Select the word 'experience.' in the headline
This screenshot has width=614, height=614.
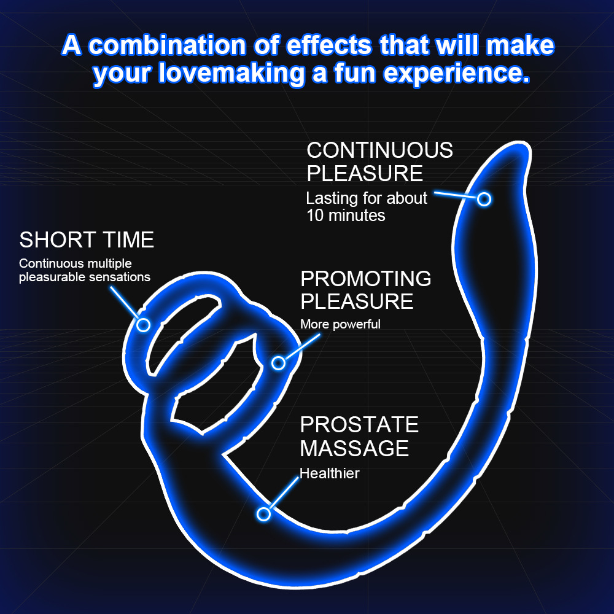pos(457,74)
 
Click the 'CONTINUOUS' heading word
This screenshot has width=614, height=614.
pos(379,150)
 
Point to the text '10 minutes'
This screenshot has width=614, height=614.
pos(346,216)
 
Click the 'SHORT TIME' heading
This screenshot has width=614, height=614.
pos(87,239)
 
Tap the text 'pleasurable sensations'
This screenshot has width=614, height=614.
pos(85,277)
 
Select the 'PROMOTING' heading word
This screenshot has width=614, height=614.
pos(366,278)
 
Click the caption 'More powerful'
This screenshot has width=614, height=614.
pos(340,324)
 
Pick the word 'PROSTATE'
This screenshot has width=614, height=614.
pos(359,424)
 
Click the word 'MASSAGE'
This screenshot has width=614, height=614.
pos(354,448)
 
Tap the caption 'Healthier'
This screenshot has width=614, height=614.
pos(329,473)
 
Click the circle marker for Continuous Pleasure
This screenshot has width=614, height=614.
pos(484,200)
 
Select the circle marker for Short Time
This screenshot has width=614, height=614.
pos(143,325)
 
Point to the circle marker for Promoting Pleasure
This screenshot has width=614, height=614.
pos(278,363)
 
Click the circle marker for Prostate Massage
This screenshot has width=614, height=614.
pos(263,514)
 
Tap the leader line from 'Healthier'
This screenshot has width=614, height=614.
pos(284,493)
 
